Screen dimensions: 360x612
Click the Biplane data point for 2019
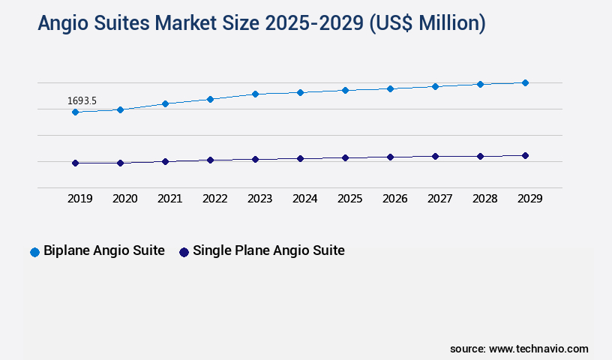click(75, 112)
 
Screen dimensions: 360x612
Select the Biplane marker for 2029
click(525, 82)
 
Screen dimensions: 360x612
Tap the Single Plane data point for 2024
click(300, 159)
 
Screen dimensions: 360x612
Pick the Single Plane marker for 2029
click(525, 156)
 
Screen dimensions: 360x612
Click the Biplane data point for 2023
click(255, 94)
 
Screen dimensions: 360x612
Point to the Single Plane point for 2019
click(75, 163)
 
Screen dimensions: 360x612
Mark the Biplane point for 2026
click(390, 88)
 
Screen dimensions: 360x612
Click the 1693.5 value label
click(82, 100)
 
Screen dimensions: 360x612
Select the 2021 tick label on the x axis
click(169, 199)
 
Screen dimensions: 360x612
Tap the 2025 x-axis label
click(349, 199)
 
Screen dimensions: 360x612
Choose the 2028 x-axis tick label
click(484, 199)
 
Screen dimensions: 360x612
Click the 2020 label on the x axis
click(124, 199)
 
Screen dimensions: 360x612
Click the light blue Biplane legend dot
click(34, 252)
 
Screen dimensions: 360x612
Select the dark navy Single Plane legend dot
click(184, 252)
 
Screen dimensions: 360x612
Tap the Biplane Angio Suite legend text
click(103, 251)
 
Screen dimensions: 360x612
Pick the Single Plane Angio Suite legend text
click(268, 251)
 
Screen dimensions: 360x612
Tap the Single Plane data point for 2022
click(210, 160)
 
